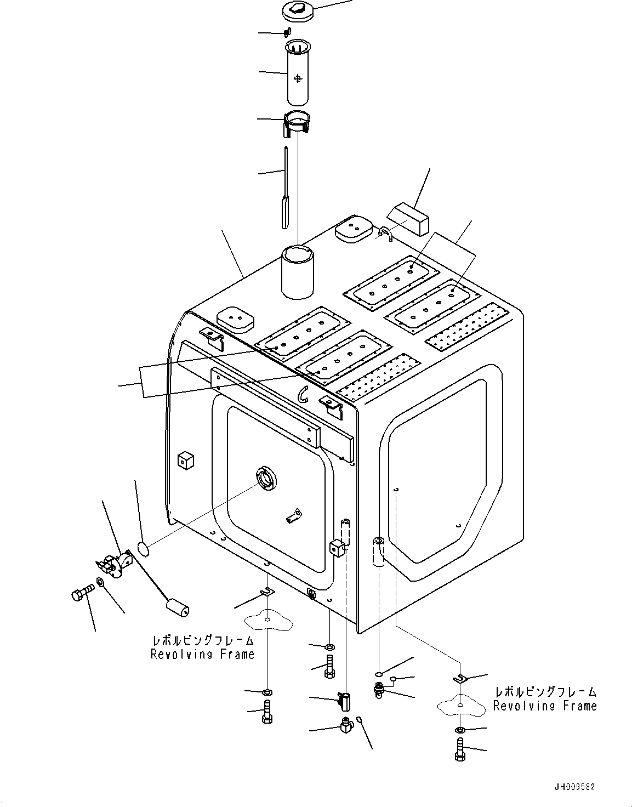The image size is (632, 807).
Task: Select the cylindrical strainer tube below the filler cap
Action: click(x=298, y=73)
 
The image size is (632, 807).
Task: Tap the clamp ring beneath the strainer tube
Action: click(x=297, y=123)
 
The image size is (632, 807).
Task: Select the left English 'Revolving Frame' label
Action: click(x=202, y=654)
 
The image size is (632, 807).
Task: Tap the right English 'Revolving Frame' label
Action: click(x=544, y=706)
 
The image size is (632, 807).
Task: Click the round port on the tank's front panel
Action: click(x=267, y=478)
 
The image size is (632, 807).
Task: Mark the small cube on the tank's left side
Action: click(x=186, y=461)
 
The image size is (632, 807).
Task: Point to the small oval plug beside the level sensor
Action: click(x=142, y=548)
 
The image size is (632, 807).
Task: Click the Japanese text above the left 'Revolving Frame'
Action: click(x=203, y=640)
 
